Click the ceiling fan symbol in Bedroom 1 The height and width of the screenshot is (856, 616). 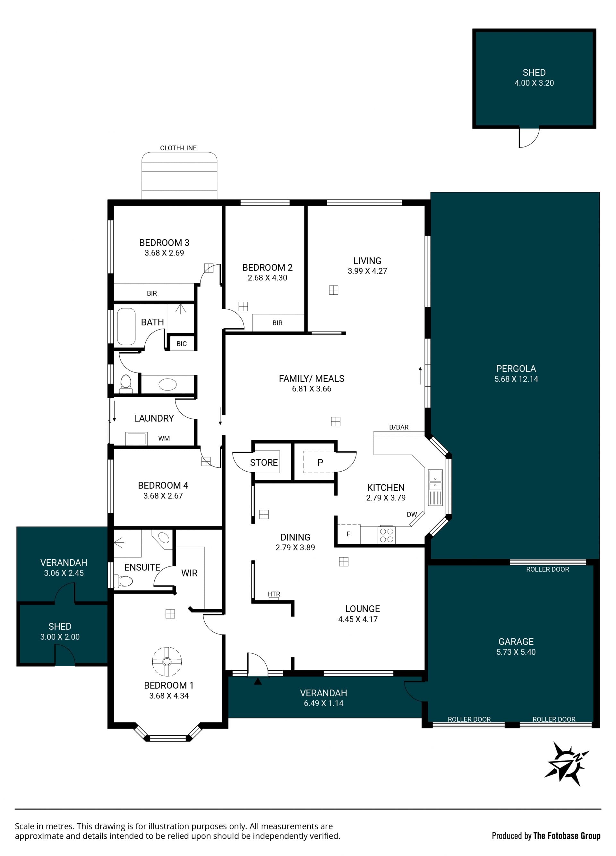pyautogui.click(x=167, y=661)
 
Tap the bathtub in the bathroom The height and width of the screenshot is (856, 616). pyautogui.click(x=126, y=326)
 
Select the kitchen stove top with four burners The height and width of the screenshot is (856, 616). pyautogui.click(x=386, y=535)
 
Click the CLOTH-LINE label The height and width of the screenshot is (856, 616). pyautogui.click(x=178, y=148)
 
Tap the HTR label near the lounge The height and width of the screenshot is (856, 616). pyautogui.click(x=274, y=594)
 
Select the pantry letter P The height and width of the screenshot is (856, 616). pyautogui.click(x=320, y=462)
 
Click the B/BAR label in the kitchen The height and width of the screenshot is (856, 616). pyautogui.click(x=399, y=427)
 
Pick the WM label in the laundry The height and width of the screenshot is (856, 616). pyautogui.click(x=164, y=438)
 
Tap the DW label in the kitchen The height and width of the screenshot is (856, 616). pyautogui.click(x=412, y=514)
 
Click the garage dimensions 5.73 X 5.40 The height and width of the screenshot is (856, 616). pyautogui.click(x=516, y=652)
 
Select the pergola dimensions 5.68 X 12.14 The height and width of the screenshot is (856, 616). pyautogui.click(x=516, y=379)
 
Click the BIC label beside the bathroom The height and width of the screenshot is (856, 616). pyautogui.click(x=182, y=343)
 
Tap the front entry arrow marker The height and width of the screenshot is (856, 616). pyautogui.click(x=258, y=681)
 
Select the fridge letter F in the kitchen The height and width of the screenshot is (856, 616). pyautogui.click(x=348, y=534)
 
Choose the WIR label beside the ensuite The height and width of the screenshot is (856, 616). pyautogui.click(x=189, y=573)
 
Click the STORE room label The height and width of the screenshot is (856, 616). pyautogui.click(x=264, y=462)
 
